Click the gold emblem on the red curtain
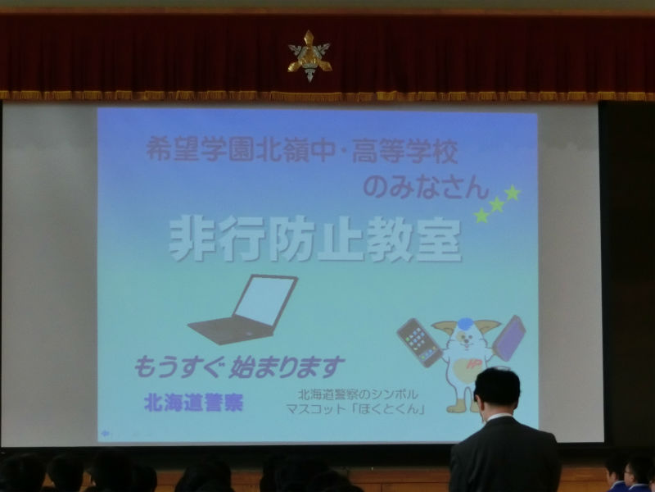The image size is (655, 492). point(309,56)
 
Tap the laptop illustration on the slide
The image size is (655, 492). point(242,310)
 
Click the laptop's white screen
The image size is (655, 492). point(264,300)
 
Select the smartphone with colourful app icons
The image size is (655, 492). point(419,342)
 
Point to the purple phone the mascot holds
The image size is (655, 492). point(508,338)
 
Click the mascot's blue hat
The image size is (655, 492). point(465,323)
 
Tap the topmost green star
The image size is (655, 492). point(513,193)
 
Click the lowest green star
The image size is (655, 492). point(481,216)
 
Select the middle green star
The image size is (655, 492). point(497,204)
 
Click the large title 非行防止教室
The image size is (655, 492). point(315,239)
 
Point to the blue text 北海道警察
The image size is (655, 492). point(193,403)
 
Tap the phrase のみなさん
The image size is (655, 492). point(426,188)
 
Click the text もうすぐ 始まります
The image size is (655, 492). point(239,367)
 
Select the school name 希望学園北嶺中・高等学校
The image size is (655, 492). point(302,150)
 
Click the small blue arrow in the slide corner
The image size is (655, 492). point(106,434)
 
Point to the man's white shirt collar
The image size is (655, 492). point(499,417)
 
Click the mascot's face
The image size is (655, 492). point(466,339)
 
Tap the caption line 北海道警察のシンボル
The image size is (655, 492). point(358,394)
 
